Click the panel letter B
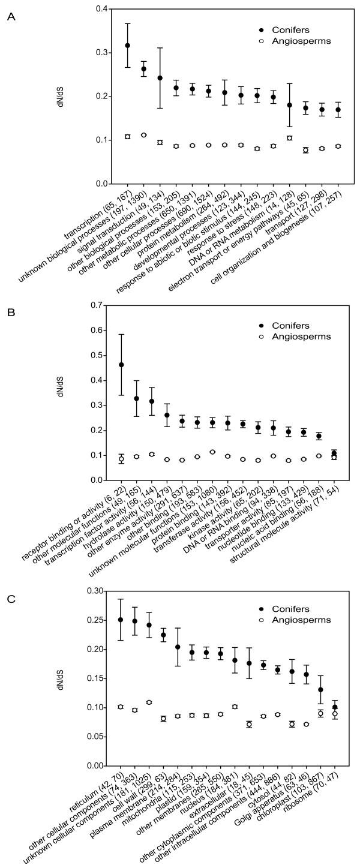coord(10,312)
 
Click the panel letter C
coord(10,598)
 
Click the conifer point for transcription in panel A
coord(127,46)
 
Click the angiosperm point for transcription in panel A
coord(127,137)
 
